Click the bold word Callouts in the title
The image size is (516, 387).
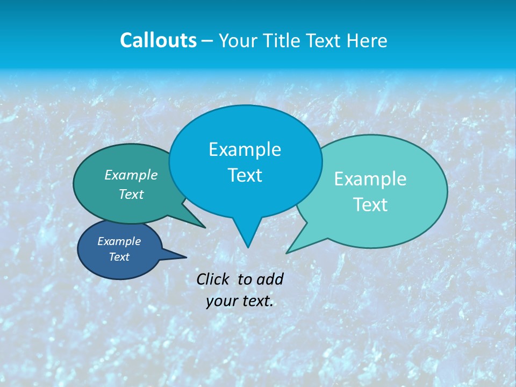[x=158, y=40]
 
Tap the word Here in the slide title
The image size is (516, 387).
[x=368, y=40]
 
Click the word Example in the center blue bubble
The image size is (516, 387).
[x=245, y=149]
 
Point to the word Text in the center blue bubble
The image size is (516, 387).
[x=245, y=175]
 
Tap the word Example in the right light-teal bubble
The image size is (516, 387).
[x=370, y=179]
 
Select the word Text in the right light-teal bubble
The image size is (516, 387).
[x=370, y=205]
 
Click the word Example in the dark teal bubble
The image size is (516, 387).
[x=131, y=175]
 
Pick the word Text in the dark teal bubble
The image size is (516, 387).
[x=131, y=194]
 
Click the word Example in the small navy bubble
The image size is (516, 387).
[x=119, y=241]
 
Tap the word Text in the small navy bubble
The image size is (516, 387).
[x=119, y=257]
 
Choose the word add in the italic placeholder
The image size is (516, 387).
[x=270, y=279]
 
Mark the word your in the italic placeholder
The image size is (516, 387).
[x=221, y=301]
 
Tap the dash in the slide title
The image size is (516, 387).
[x=207, y=40]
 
